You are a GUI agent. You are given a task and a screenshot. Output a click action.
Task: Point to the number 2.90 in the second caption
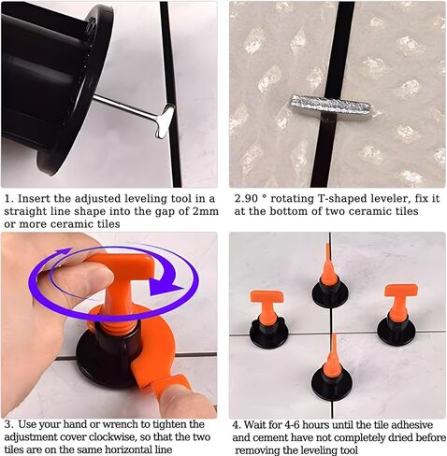(x=247, y=198)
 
